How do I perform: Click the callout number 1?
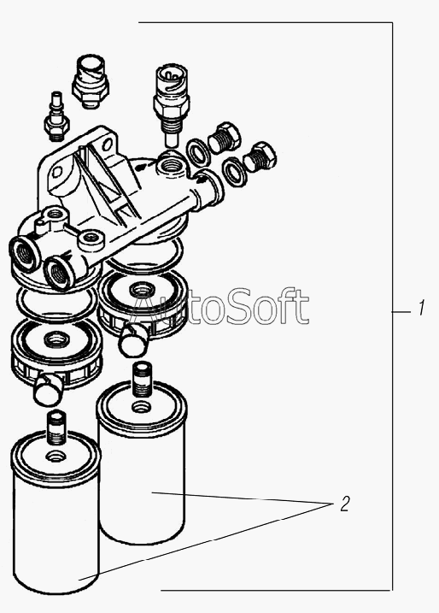pos(421,308)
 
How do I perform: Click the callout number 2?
pos(344,504)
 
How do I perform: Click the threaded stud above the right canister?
pos(142,380)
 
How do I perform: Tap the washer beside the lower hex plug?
pos(234,171)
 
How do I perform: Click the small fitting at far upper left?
pos(56,116)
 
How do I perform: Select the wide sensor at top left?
pos(90,81)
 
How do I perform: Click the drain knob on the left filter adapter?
pos(48,389)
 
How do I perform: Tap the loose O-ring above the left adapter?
pos(56,302)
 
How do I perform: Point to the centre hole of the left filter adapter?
pos(56,339)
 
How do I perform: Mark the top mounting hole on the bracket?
pos(105,144)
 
